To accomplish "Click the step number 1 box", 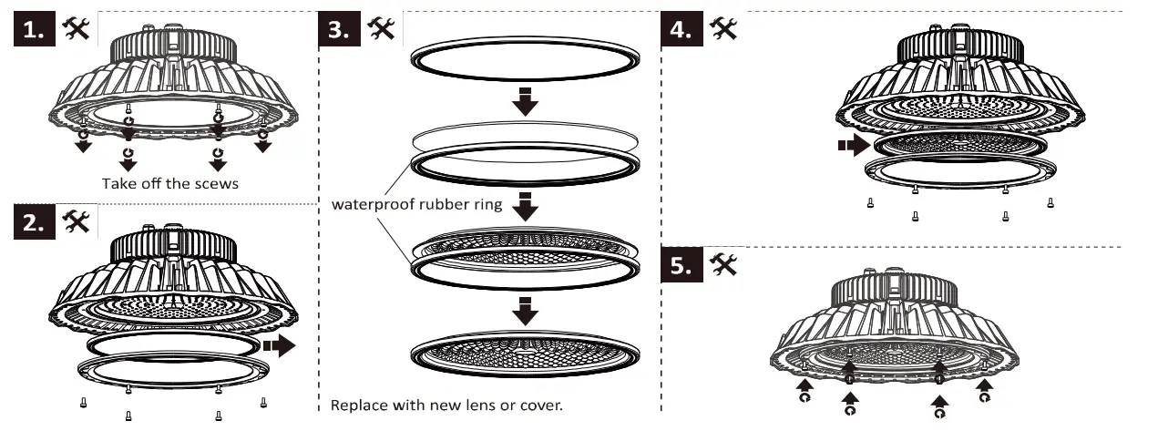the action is (x=34, y=29).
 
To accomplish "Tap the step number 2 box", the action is (x=34, y=223).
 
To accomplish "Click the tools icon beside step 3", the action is (x=381, y=28).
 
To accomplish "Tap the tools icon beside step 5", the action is (x=723, y=264).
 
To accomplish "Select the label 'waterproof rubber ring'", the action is (x=416, y=204).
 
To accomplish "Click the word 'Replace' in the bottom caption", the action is (x=355, y=404).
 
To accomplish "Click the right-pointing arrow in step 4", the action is (x=854, y=145).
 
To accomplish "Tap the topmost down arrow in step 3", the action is (x=525, y=101).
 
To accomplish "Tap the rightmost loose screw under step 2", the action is (x=263, y=402).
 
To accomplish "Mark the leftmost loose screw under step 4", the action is (x=871, y=203).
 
